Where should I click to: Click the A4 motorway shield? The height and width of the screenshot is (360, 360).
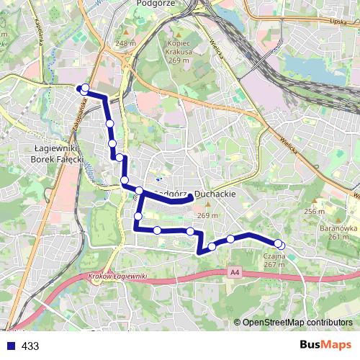235,271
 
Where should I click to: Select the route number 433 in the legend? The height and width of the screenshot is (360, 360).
30,346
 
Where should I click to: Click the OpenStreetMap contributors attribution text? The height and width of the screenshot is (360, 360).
297,323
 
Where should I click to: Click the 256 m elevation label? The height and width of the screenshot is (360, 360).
314,211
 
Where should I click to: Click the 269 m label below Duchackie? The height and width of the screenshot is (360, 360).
207,216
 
